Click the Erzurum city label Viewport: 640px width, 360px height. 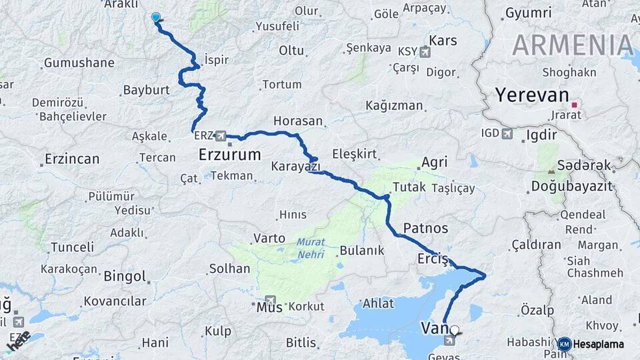[x=229, y=155]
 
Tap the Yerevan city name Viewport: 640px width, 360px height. [x=531, y=95]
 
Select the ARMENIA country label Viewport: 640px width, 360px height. [x=572, y=45]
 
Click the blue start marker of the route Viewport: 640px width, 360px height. [x=156, y=17]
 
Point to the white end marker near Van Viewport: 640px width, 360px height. [x=455, y=329]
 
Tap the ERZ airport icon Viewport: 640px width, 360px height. [x=221, y=135]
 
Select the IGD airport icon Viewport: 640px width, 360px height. [x=507, y=134]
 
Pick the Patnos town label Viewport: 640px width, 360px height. [x=425, y=228]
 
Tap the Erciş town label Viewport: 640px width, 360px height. [x=431, y=258]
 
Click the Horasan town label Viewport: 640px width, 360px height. [x=297, y=122]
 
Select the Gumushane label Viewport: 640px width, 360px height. [x=79, y=63]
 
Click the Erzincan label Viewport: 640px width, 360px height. [x=72, y=159]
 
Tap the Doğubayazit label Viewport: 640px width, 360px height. [x=571, y=186]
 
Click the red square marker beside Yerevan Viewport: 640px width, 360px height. [x=574, y=105]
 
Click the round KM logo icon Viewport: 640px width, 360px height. [x=564, y=344]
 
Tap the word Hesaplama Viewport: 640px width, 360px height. [x=599, y=344]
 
